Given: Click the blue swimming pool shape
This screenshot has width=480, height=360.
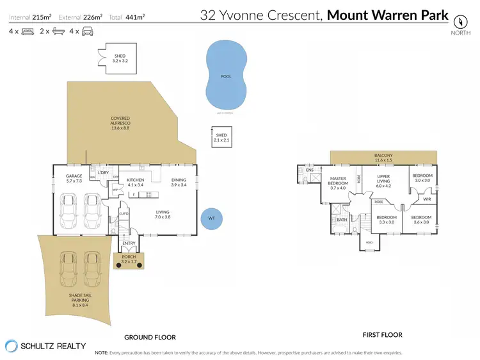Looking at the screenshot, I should pos(226,76).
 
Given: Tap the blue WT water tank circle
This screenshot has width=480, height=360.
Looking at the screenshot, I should pos(212,218).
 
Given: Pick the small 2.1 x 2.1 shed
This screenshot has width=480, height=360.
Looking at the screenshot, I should pos(221,138).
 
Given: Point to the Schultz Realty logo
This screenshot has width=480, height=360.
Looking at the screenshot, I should pos(45,346).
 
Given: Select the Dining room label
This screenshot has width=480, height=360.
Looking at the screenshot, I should pos(178,182).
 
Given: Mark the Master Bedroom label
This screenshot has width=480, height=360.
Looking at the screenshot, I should pos(337,183).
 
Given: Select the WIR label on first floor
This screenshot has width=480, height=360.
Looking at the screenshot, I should pos(427,199).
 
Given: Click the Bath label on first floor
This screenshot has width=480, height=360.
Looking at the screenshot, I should pos(342,220).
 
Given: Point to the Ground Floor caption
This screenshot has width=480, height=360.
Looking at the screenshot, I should pos(149,337).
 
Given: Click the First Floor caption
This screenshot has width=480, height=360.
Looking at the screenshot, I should pos(383,334).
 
